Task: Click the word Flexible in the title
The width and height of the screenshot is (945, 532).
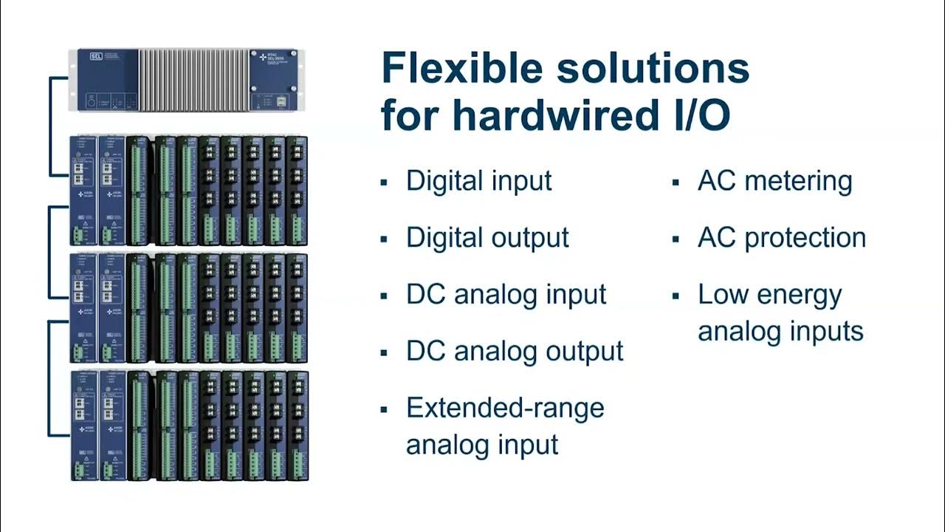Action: coord(461,69)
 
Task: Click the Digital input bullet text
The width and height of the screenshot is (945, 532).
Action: coord(478,181)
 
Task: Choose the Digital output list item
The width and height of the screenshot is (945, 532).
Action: coord(487,238)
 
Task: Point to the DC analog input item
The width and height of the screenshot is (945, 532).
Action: coord(506,295)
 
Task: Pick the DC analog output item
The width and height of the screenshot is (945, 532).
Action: coord(515,351)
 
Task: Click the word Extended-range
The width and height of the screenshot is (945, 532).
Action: coord(505,408)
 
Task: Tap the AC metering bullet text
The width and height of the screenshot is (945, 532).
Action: coord(774,181)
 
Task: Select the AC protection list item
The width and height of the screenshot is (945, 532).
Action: coord(781,238)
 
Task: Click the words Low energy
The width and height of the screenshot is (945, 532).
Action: coord(769,295)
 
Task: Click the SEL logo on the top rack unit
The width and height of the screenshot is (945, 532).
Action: coord(95,56)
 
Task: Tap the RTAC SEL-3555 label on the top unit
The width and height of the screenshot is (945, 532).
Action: coord(273,58)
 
